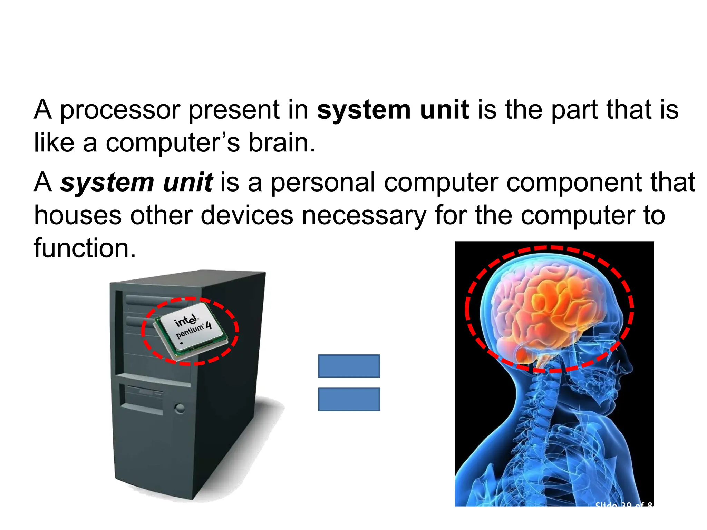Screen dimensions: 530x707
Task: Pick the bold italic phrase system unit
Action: pos(136,183)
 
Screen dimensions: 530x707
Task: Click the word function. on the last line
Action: pos(85,248)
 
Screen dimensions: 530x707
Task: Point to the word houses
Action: pos(78,216)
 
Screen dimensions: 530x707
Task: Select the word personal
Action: pos(323,183)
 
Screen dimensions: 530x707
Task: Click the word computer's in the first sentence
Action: pos(173,144)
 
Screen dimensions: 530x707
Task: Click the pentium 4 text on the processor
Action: pos(193,330)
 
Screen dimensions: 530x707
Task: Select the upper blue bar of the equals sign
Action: pos(349,366)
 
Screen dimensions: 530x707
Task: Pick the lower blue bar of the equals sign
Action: pos(349,399)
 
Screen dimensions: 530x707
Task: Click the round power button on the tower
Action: pos(180,409)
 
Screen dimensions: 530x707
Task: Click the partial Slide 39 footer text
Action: pos(623,504)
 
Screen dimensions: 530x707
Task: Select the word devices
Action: pos(247,216)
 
